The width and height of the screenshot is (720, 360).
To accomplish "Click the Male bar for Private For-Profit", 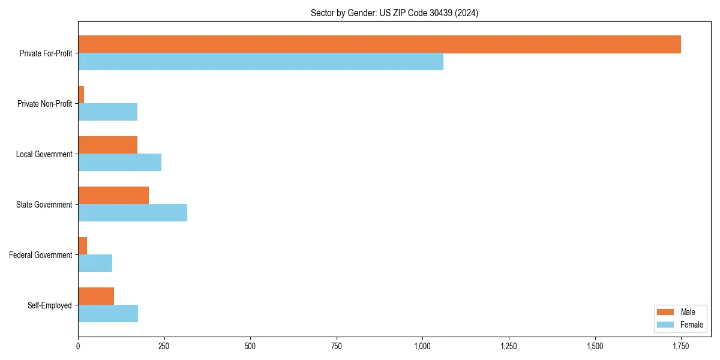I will pyautogui.click(x=379, y=44).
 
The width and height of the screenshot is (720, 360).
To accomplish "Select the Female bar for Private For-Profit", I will pyautogui.click(x=260, y=62).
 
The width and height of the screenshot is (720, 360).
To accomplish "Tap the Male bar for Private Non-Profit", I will pyautogui.click(x=81, y=95).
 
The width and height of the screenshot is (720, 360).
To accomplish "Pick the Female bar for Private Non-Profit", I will pyautogui.click(x=107, y=112).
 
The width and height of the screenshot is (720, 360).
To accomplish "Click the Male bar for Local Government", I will pyautogui.click(x=107, y=145).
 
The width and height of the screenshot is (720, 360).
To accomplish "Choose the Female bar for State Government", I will pyautogui.click(x=133, y=213).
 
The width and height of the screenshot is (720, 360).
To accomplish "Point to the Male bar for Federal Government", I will pyautogui.click(x=83, y=246).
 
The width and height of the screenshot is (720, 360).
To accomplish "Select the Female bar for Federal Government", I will pyautogui.click(x=95, y=263).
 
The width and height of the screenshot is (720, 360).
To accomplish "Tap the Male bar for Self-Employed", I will pyautogui.click(x=96, y=296).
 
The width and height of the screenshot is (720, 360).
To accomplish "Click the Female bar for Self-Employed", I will pyautogui.click(x=108, y=314).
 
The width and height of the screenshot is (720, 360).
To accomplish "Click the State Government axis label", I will pyautogui.click(x=44, y=205).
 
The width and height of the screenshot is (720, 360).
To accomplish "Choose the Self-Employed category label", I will pyautogui.click(x=49, y=305).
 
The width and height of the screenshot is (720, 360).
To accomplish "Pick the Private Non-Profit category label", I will pyautogui.click(x=44, y=104).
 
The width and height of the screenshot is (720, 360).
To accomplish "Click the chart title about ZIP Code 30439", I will pyautogui.click(x=394, y=13).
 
